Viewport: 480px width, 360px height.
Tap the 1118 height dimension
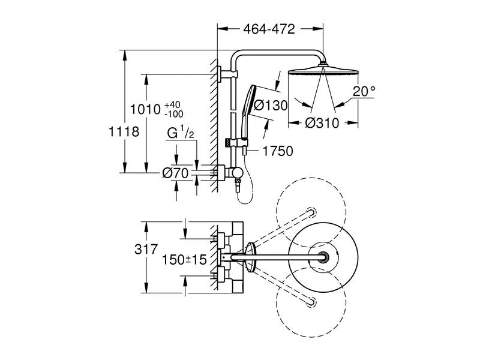pyautogui.click(x=125, y=131)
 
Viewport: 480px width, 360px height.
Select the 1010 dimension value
pyautogui.click(x=146, y=109)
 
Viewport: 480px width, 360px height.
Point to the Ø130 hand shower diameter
pyautogui.click(x=271, y=105)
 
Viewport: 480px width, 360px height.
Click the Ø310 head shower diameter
pyautogui.click(x=322, y=123)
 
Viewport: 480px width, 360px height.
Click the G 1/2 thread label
pyautogui.click(x=179, y=133)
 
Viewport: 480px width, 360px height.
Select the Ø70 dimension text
pyautogui.click(x=176, y=173)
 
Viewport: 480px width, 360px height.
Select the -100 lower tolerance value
pyautogui.click(x=174, y=114)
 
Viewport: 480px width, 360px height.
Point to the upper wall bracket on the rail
pyautogui.click(x=226, y=74)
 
